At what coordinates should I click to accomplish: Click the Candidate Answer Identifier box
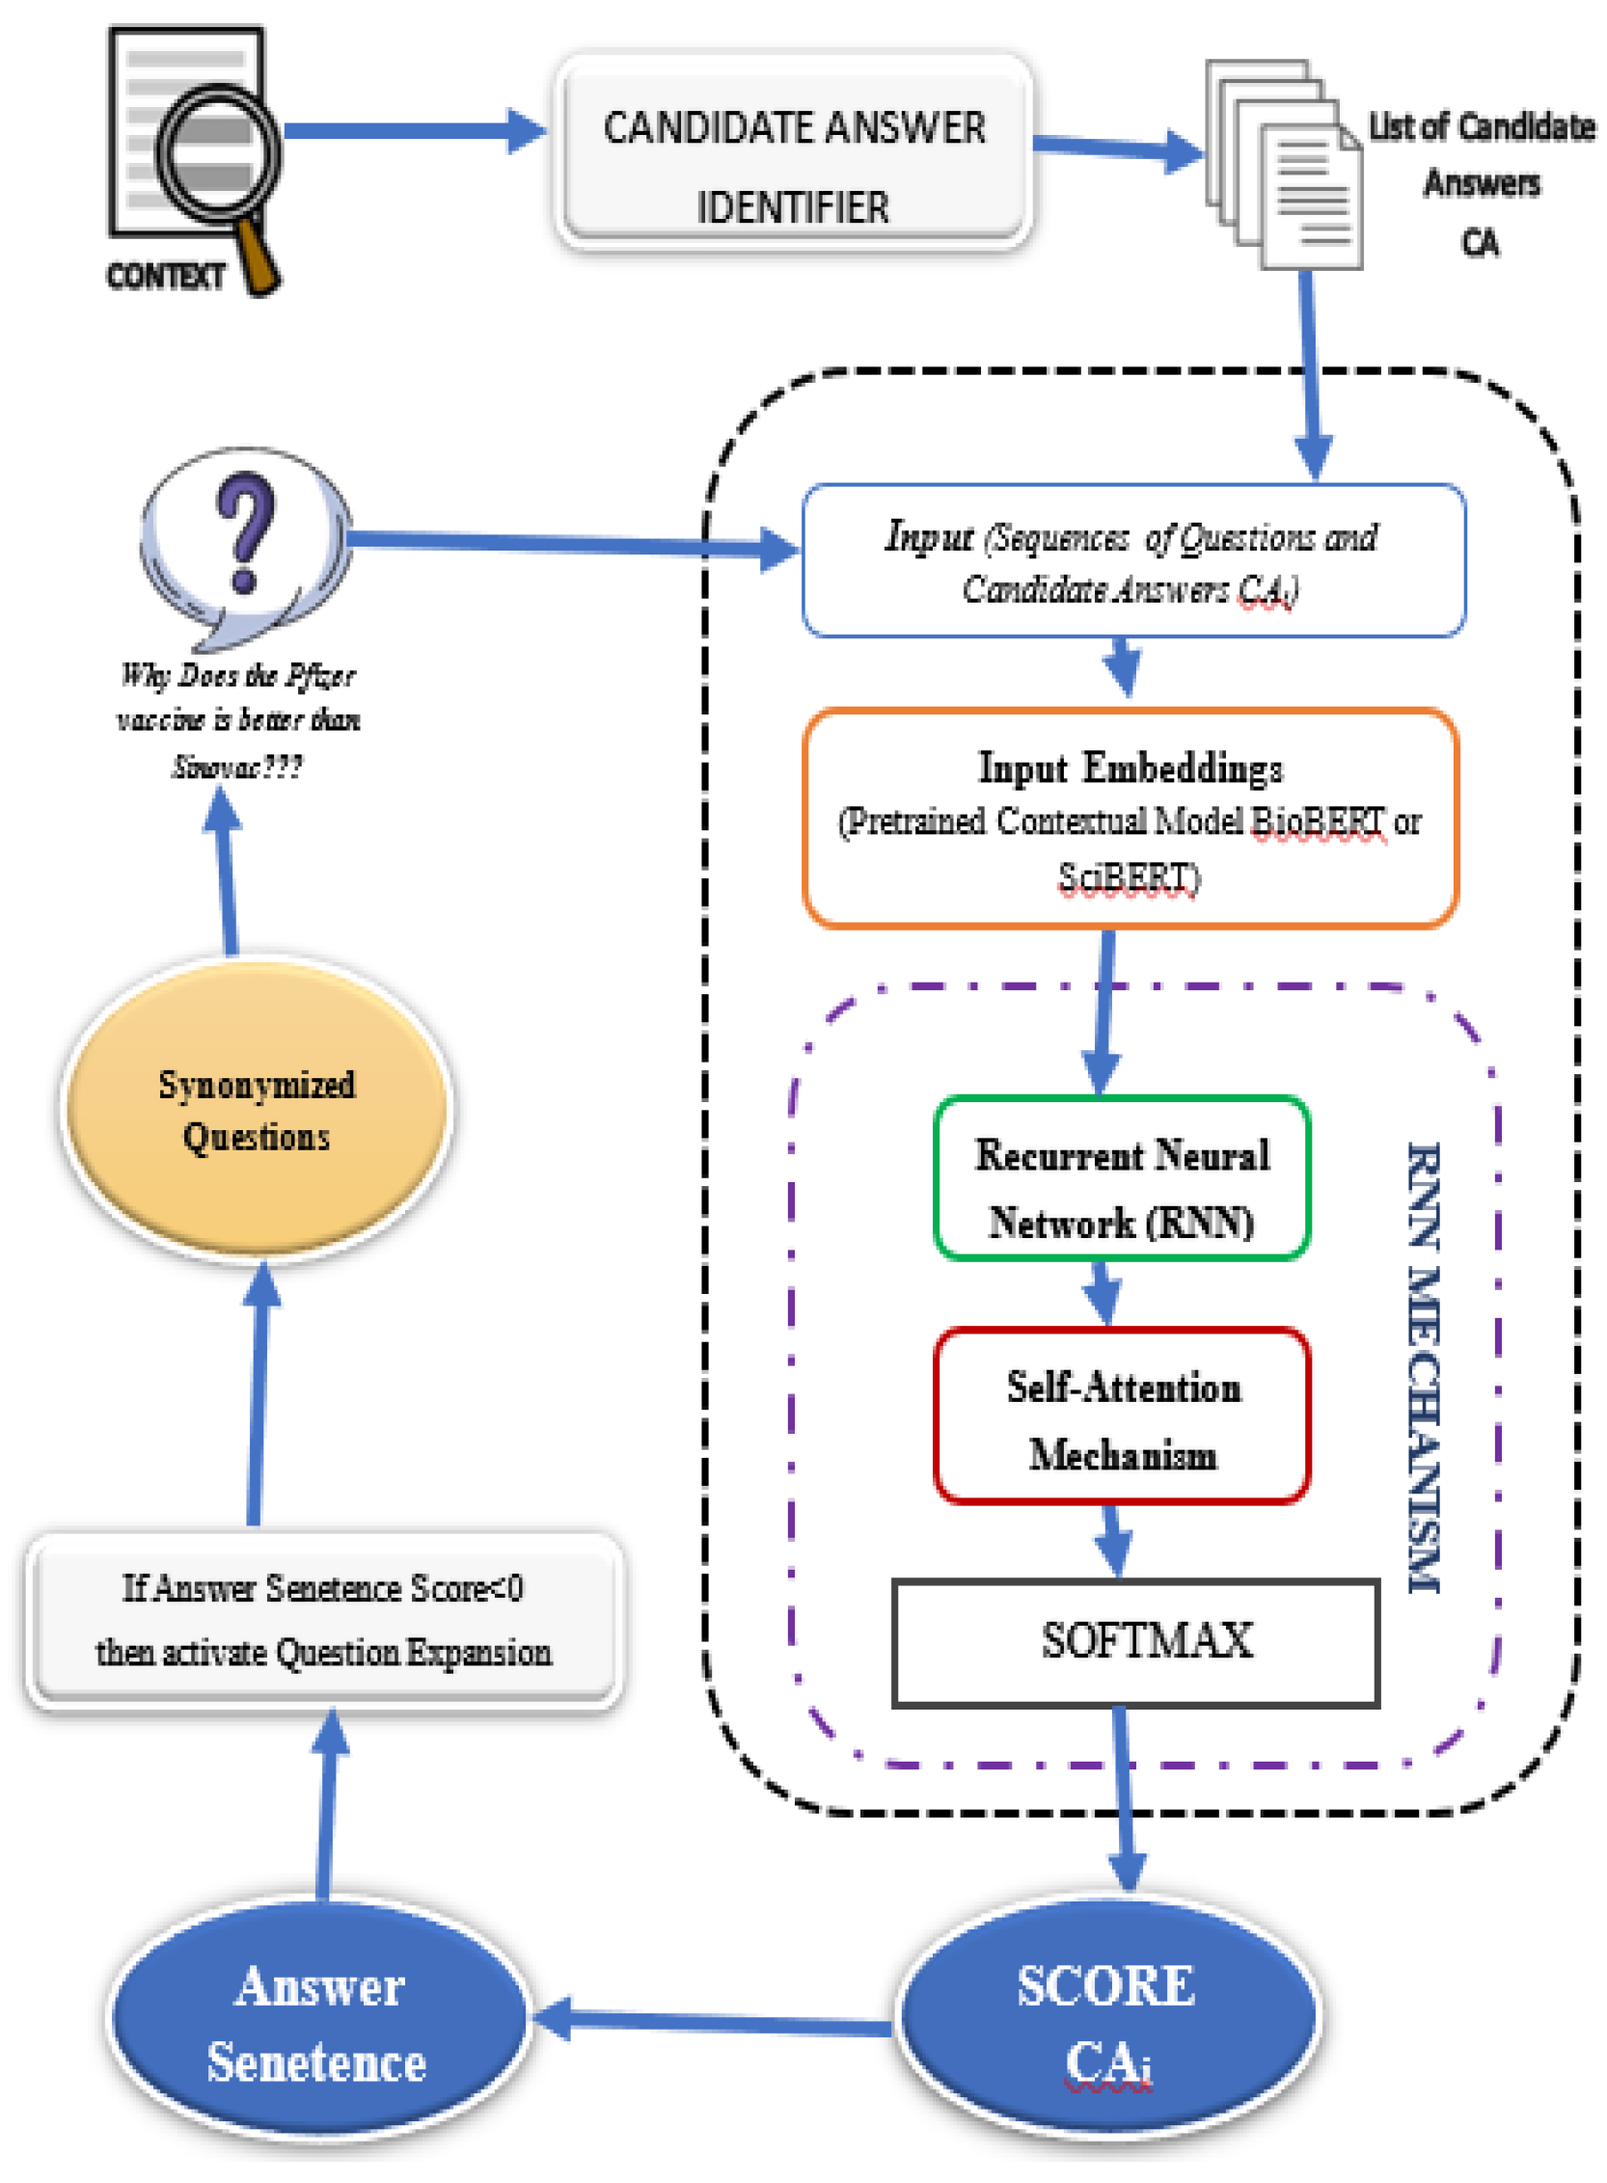pos(793,155)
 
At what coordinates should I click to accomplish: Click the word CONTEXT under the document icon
pos(165,276)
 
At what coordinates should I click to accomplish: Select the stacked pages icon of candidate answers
pos(1282,165)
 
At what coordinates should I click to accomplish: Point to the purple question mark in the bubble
pos(245,531)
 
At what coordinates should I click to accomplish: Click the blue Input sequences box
pos(1132,561)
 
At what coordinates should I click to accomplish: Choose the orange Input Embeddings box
pos(1130,819)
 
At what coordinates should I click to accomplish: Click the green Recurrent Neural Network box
pos(1121,1177)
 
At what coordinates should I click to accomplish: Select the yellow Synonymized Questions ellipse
pos(256,1109)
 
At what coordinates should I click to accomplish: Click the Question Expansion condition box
pos(323,1619)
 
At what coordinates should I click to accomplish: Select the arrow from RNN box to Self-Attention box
pos(1103,1293)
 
